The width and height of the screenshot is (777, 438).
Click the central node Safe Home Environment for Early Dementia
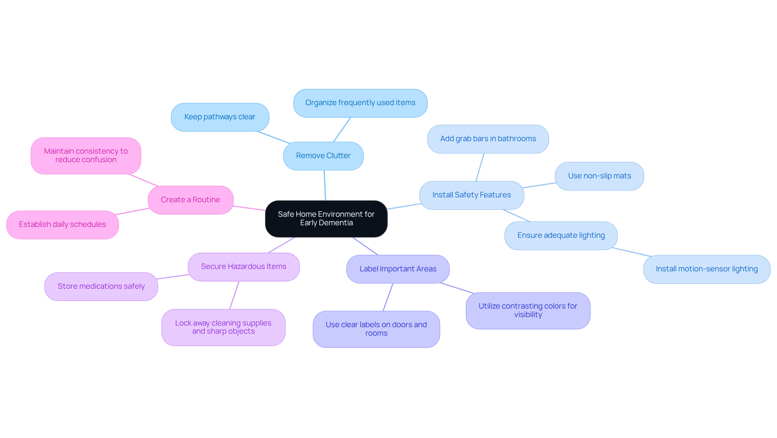pos(326,219)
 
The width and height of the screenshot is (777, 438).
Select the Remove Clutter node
pos(323,156)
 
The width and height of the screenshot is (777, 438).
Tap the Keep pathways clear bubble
pos(220,117)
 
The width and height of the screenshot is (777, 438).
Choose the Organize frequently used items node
pos(360,103)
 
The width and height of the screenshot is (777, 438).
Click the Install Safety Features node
pos(471,195)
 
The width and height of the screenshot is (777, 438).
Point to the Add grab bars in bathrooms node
pos(488,139)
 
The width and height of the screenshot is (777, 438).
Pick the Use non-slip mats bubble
pos(599,176)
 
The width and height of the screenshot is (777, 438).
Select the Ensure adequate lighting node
pos(561,236)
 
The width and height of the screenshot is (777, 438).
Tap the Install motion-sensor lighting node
pos(707,269)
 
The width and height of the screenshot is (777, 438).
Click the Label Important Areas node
pos(398,269)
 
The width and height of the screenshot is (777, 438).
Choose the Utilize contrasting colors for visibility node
pos(528,311)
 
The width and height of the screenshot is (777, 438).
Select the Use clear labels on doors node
pos(376,329)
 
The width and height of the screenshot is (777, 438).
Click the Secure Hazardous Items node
pos(244,267)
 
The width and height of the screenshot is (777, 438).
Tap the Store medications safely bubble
pos(101,287)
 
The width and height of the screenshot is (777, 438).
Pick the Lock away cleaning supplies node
pos(223,328)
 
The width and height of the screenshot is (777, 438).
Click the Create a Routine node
pos(191,200)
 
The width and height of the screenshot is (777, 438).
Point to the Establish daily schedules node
pos(62,225)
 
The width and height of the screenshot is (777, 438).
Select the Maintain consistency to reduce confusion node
pos(86,156)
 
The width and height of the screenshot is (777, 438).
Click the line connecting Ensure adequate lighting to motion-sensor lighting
pos(631,252)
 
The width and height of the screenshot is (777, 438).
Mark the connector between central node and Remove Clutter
pos(325,185)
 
